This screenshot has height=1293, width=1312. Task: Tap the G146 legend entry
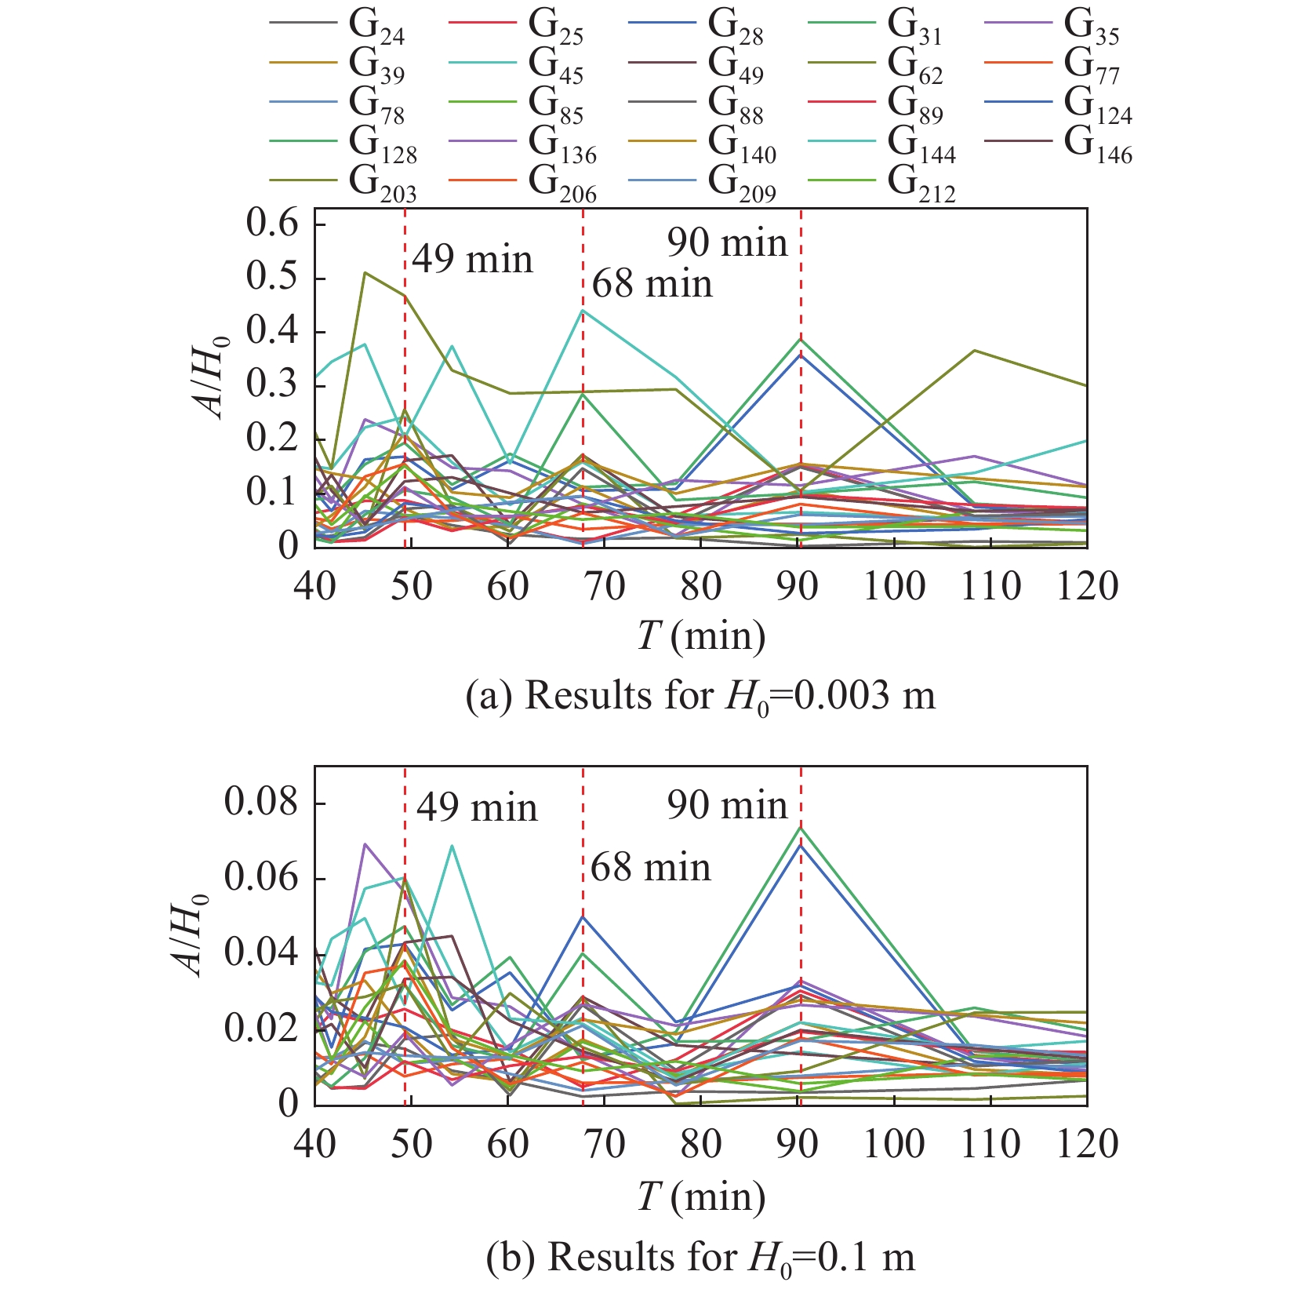(x=1098, y=144)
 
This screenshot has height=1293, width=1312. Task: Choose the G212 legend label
(x=921, y=184)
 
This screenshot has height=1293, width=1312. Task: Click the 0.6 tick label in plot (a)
(x=273, y=225)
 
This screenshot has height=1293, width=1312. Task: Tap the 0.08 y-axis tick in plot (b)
(x=262, y=803)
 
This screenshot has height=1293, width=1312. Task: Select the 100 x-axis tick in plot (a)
(x=894, y=586)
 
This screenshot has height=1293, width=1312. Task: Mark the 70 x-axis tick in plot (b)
(x=605, y=1145)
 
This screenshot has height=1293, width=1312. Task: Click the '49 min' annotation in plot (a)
(x=472, y=260)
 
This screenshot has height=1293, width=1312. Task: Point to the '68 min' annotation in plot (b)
(x=650, y=868)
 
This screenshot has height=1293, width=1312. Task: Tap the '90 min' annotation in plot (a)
(x=727, y=243)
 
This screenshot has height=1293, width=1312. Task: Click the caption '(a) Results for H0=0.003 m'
(x=700, y=695)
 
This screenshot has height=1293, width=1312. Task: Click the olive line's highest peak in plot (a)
(x=365, y=272)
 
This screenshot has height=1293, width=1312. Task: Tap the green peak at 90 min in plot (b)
(x=801, y=828)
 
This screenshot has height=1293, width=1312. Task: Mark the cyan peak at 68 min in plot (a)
(x=583, y=311)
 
